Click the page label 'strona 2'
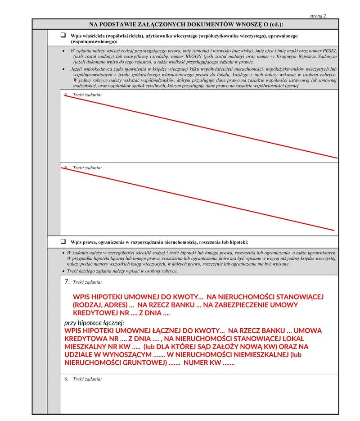[318, 16]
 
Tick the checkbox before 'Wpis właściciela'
[63, 35]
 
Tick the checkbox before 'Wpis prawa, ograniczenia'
[63, 241]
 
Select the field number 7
[67, 281]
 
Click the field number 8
[66, 379]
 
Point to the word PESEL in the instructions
[329, 51]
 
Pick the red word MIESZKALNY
[87, 346]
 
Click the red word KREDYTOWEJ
[96, 312]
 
